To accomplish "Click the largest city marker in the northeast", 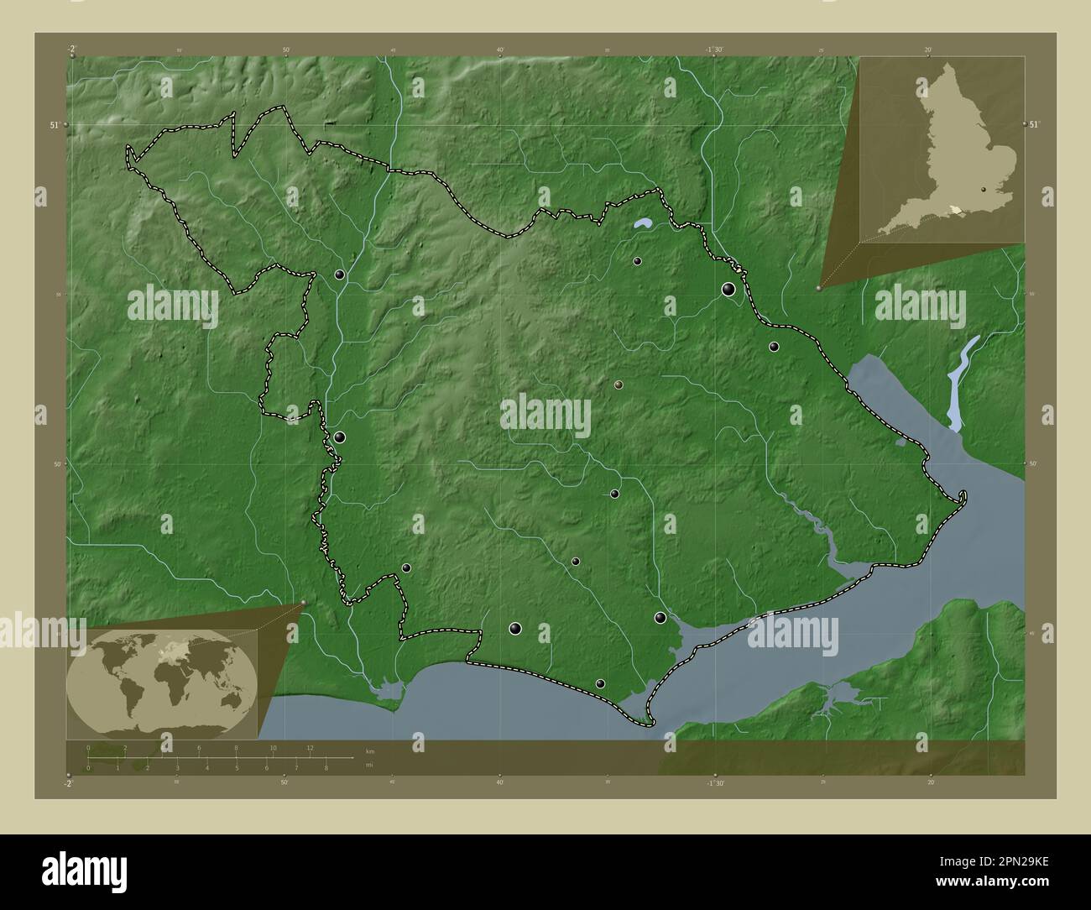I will pyautogui.click(x=728, y=290).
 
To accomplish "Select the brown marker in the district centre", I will pyautogui.click(x=619, y=384).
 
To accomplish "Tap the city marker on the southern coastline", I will pyautogui.click(x=600, y=683).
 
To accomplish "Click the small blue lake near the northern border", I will pyautogui.click(x=644, y=224).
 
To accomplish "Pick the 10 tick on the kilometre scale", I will pyautogui.click(x=273, y=747).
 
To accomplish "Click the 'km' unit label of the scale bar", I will pyautogui.click(x=370, y=750).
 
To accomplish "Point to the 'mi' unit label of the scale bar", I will pyautogui.click(x=369, y=764).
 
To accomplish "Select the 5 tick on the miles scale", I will pyautogui.click(x=237, y=767).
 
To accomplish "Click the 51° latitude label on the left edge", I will pyautogui.click(x=54, y=124).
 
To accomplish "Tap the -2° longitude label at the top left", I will pyautogui.click(x=71, y=48).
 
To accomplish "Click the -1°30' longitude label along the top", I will pyautogui.click(x=714, y=49).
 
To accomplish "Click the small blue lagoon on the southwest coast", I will pyautogui.click(x=387, y=692).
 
